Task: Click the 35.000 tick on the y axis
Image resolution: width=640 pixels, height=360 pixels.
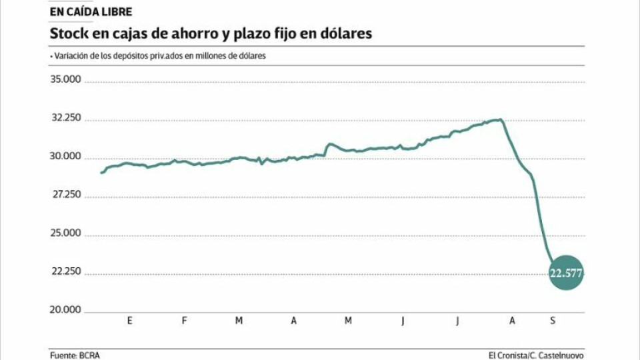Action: pyautogui.click(x=66, y=79)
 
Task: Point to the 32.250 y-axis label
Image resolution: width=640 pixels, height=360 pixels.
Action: pyautogui.click(x=66, y=118)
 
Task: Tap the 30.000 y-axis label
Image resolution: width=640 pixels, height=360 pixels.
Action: pyautogui.click(x=66, y=157)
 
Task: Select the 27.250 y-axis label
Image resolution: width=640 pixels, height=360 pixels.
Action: pyautogui.click(x=66, y=195)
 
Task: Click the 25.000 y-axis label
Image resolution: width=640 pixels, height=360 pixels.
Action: pyautogui.click(x=66, y=233)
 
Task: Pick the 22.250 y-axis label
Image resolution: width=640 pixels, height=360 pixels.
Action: pyautogui.click(x=66, y=271)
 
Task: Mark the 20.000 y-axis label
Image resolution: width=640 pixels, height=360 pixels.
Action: pyautogui.click(x=66, y=310)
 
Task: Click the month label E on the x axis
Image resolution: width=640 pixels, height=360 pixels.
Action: pyautogui.click(x=129, y=321)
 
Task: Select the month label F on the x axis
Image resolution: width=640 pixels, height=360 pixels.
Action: pyautogui.click(x=184, y=321)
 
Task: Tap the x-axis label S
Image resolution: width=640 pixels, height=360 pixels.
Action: pyautogui.click(x=552, y=321)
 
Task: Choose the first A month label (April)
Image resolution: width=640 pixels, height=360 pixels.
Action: pyautogui.click(x=293, y=321)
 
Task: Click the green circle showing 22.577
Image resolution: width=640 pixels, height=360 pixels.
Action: pyautogui.click(x=566, y=272)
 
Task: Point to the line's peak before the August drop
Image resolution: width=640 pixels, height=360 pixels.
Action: pyautogui.click(x=499, y=119)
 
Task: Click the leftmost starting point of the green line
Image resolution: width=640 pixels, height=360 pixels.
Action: pyautogui.click(x=101, y=173)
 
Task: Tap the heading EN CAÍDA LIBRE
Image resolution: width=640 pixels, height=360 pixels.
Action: pyautogui.click(x=91, y=12)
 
